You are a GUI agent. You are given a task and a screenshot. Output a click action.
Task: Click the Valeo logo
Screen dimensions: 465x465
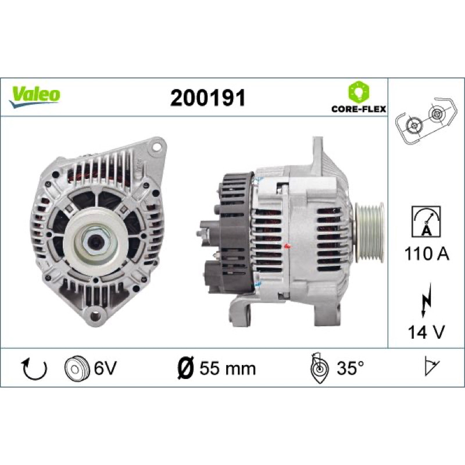[34, 96]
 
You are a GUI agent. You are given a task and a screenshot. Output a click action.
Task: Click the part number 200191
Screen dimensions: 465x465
[208, 98]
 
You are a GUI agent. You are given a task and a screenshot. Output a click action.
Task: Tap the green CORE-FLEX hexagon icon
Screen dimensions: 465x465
[359, 92]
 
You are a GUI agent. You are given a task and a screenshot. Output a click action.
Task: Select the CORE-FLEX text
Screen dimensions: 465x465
[359, 109]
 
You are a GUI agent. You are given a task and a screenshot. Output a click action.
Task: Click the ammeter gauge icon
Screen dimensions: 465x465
[426, 222]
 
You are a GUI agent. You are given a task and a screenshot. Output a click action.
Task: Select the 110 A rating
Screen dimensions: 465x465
[427, 254]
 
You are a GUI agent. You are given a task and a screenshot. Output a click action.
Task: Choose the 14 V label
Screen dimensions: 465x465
[427, 332]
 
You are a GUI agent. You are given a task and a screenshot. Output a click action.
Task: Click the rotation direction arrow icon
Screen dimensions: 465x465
[34, 369]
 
